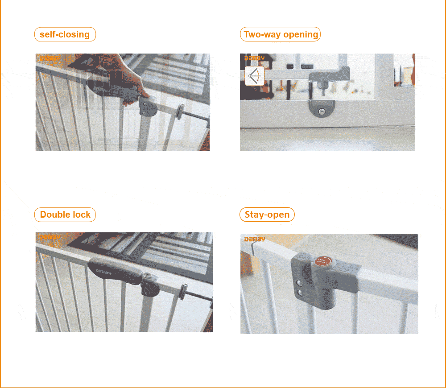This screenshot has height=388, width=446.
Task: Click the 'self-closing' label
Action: click(65, 34)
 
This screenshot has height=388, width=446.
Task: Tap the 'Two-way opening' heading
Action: click(281, 34)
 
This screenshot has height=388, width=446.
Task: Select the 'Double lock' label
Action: click(65, 215)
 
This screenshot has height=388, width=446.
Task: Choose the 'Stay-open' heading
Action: click(267, 215)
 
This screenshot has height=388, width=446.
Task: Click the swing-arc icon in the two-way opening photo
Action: click(255, 76)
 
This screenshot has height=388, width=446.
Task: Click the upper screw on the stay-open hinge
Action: click(300, 283)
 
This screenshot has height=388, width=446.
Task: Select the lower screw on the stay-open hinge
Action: click(300, 293)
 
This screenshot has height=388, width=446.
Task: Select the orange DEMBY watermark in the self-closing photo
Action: click(50, 58)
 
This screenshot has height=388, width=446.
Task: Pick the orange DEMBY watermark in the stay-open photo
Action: click(255, 239)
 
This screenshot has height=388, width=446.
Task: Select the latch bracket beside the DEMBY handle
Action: click(150, 284)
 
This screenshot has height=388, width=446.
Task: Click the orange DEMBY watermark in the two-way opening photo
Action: click(255, 58)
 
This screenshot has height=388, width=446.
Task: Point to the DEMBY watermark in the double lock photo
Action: click(50, 238)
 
